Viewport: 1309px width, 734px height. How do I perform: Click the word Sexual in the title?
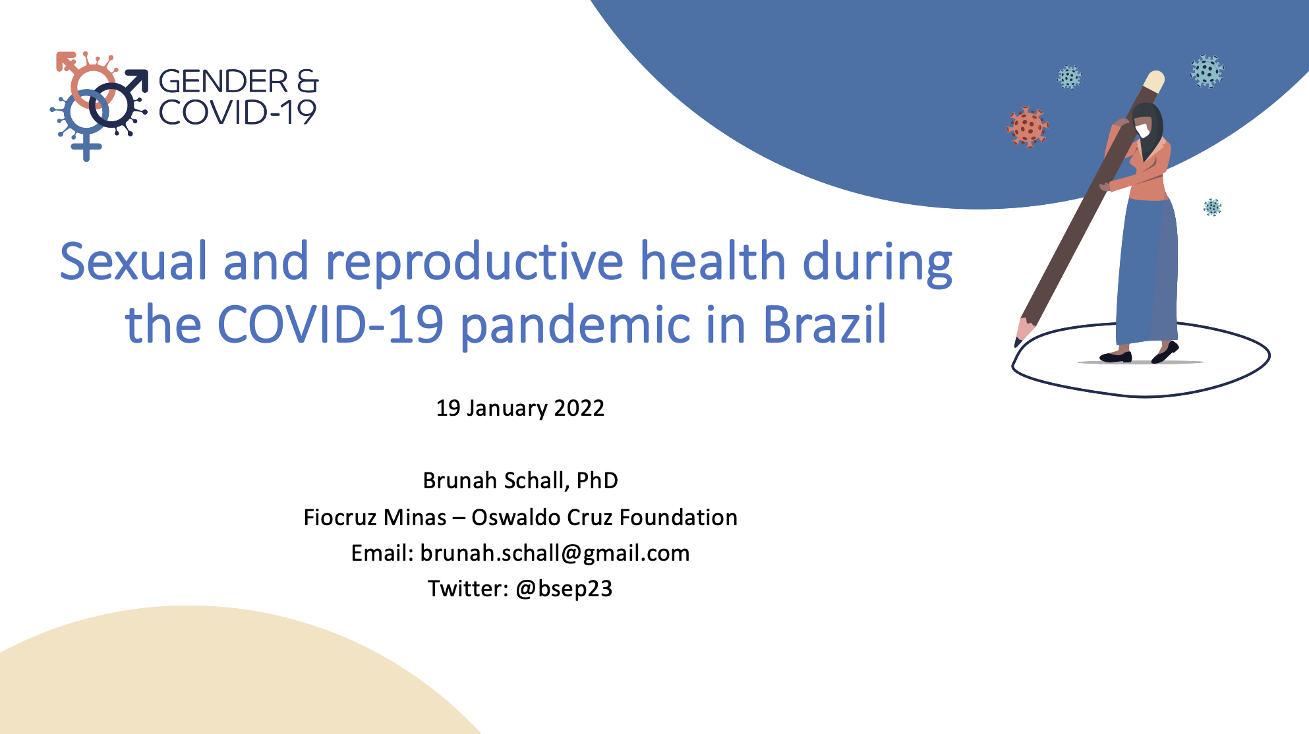click(134, 261)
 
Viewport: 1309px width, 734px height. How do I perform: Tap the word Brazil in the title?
click(825, 324)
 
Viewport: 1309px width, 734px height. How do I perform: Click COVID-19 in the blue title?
click(330, 324)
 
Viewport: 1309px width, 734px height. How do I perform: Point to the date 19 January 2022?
click(520, 409)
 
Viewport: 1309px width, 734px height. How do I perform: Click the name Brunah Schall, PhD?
click(520, 480)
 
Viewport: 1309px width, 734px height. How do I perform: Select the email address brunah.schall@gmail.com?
click(555, 553)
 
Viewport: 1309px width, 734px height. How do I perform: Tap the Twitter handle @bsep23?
click(564, 588)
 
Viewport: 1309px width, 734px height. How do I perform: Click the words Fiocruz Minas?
click(375, 517)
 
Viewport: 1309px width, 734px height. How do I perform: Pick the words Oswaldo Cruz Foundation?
click(604, 517)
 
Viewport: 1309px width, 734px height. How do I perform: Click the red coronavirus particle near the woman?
click(1028, 127)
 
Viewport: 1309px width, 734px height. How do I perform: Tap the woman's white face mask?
click(1143, 131)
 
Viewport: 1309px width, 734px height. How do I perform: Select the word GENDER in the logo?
click(223, 82)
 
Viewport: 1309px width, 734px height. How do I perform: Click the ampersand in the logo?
click(308, 82)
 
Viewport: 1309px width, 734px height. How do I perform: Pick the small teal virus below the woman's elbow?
click(1213, 208)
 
